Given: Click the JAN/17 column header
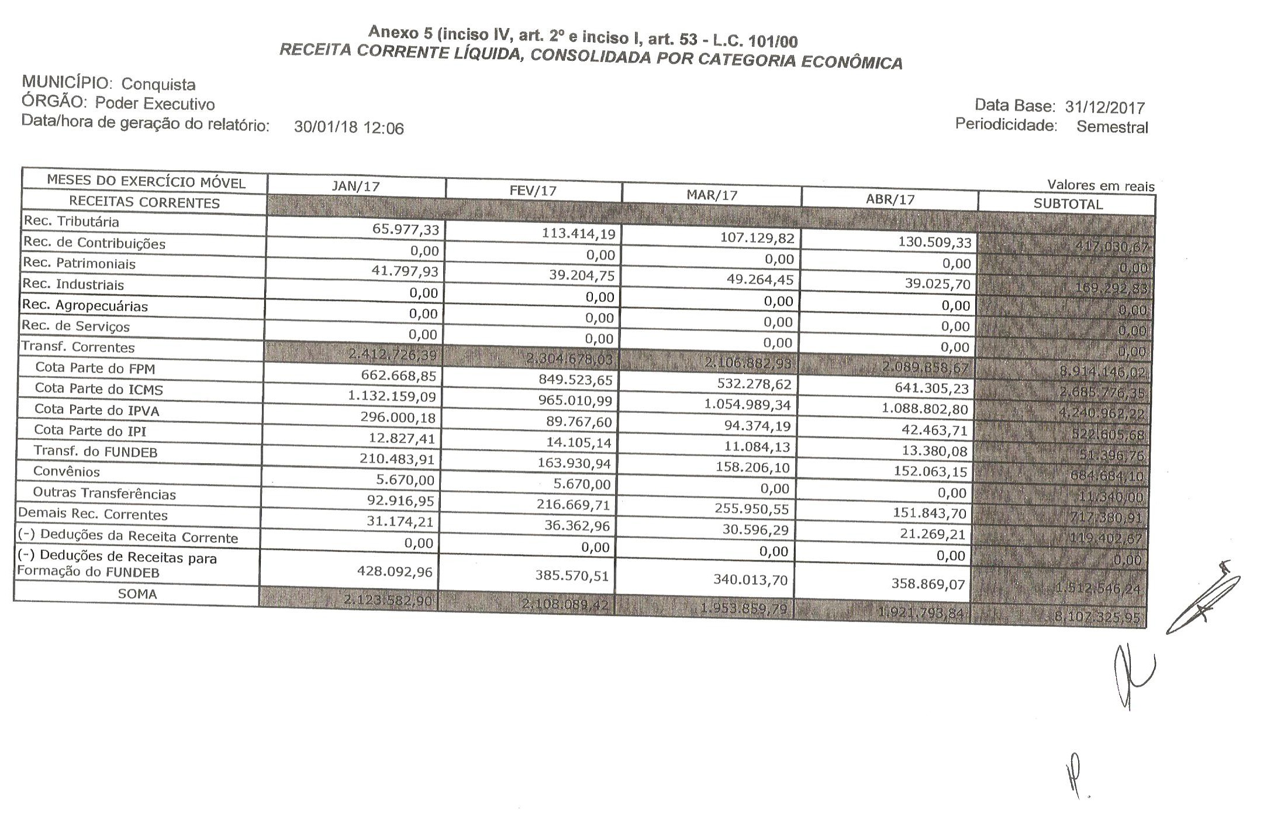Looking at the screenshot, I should [355, 186].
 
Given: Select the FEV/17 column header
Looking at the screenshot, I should [533, 191].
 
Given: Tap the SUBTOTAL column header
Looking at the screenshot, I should [1068, 204].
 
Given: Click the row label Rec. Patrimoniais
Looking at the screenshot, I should [79, 263].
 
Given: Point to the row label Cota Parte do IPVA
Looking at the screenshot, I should [96, 410].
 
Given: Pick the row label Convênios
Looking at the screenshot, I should [67, 471].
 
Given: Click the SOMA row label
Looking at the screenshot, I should [137, 594].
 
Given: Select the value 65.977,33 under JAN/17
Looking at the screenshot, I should [405, 229].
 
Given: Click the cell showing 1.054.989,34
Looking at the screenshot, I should [747, 405].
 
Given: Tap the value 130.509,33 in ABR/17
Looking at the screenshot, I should [934, 242].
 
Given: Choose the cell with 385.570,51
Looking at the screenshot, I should [572, 576].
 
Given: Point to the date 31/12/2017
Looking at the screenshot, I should [1104, 108].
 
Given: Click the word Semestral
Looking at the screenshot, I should [1112, 127].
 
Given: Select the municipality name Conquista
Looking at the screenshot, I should [158, 84].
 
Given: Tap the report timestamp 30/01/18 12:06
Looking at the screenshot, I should [348, 128].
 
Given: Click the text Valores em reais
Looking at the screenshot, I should [1100, 186].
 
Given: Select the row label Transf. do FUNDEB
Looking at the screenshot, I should [95, 452].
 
